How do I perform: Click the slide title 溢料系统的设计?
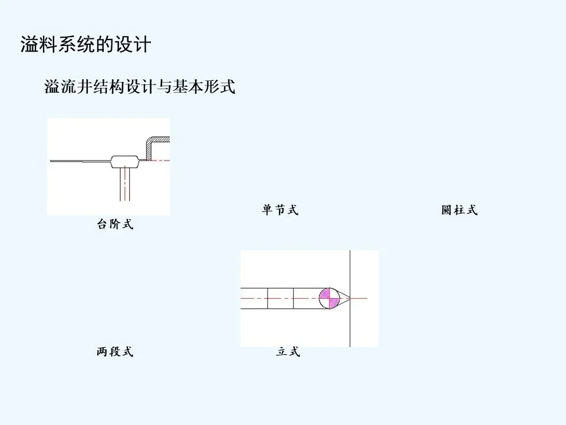[x=85, y=45]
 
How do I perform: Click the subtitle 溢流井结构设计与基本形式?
[x=140, y=87]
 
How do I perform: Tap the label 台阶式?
[x=115, y=224]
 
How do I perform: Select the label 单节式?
[x=280, y=210]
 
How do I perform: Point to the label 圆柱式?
[x=459, y=210]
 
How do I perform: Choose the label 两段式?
[x=115, y=352]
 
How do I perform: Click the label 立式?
[x=288, y=352]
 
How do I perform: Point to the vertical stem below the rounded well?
[x=124, y=183]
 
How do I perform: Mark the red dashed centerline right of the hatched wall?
[x=162, y=161]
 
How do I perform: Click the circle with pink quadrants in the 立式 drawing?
[x=330, y=299]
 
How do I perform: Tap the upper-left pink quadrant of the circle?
[x=325, y=294]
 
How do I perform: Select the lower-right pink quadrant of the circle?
[x=334, y=303]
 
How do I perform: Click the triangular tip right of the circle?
[x=344, y=299]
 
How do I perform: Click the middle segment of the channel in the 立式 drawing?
[x=280, y=299]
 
